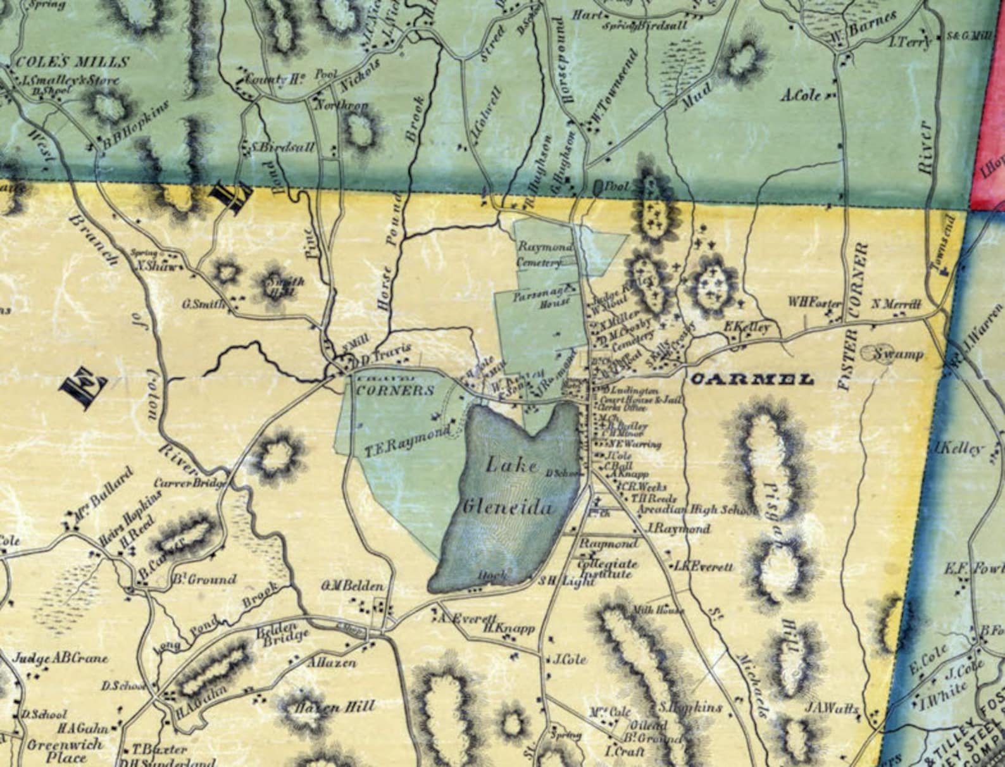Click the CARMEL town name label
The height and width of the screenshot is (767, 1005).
[x=751, y=380]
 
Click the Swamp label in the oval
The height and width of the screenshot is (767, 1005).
[x=898, y=354]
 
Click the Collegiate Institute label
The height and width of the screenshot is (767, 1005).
[x=608, y=568]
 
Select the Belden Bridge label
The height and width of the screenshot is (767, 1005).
[x=282, y=631]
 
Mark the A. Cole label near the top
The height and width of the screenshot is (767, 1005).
[x=801, y=96]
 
